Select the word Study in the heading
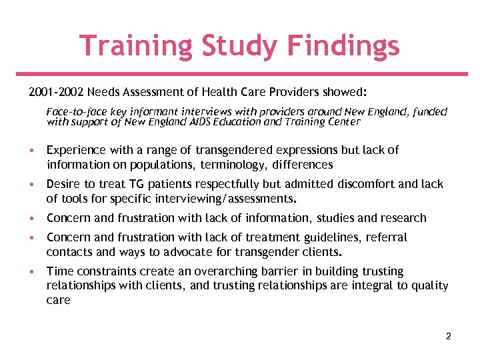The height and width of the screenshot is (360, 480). click(x=236, y=46)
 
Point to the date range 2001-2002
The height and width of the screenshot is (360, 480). click(x=55, y=91)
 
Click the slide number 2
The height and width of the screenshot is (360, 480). click(x=448, y=336)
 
